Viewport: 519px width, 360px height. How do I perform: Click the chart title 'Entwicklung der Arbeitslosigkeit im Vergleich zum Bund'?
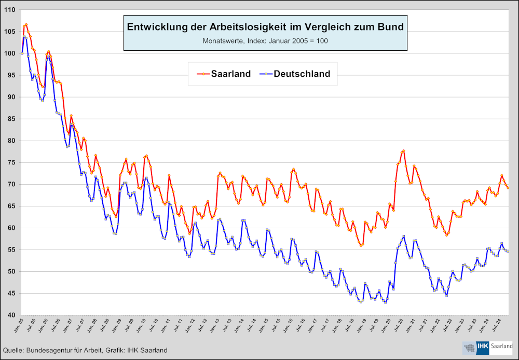click(265, 26)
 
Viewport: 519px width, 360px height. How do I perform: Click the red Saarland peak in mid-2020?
click(403, 151)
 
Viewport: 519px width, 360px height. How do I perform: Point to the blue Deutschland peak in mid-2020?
click(404, 237)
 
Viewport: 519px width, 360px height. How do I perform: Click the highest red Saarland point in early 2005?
click(26, 24)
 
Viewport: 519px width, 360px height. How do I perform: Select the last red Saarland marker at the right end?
click(508, 188)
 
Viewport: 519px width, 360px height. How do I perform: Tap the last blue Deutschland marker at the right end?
click(508, 252)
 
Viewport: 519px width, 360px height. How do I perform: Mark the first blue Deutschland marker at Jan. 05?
click(22, 53)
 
